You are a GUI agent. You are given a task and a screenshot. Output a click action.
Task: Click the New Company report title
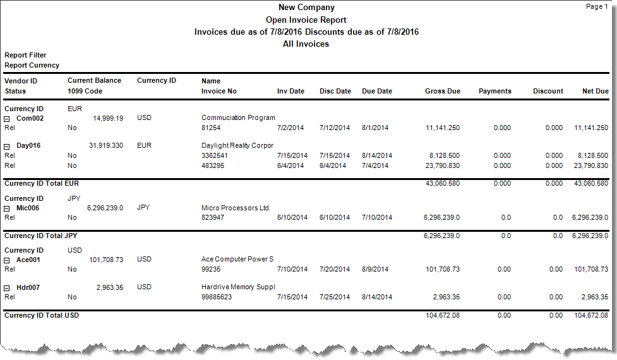tap(306, 8)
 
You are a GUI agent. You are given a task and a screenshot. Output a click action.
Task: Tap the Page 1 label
tap(597, 6)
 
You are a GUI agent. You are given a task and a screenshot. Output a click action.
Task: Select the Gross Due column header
tap(442, 91)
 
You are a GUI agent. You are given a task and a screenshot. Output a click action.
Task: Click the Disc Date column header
tap(335, 91)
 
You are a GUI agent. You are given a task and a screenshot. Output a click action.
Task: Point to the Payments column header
tap(494, 91)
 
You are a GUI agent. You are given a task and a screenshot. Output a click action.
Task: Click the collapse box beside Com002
tap(8, 118)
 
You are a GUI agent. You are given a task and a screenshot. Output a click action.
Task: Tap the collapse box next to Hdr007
tap(8, 288)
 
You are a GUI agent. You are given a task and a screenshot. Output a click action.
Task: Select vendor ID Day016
tap(28, 145)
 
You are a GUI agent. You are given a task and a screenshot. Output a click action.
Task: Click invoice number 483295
tap(215, 165)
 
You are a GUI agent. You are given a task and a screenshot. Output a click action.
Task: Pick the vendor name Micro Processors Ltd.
tap(236, 207)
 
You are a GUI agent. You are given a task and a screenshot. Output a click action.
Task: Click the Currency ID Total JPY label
tap(41, 236)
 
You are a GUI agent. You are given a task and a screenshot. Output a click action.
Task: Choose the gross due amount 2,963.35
tap(446, 297)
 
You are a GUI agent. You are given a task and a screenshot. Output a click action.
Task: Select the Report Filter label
tap(25, 55)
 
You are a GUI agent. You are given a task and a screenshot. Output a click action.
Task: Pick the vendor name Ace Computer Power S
tap(237, 259)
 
